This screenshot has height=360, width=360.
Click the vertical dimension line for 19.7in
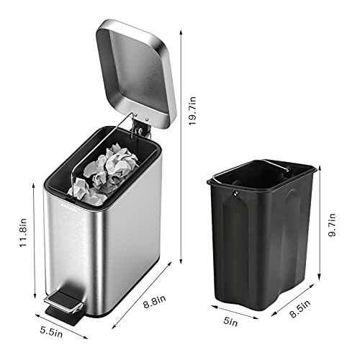[x=180, y=144]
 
